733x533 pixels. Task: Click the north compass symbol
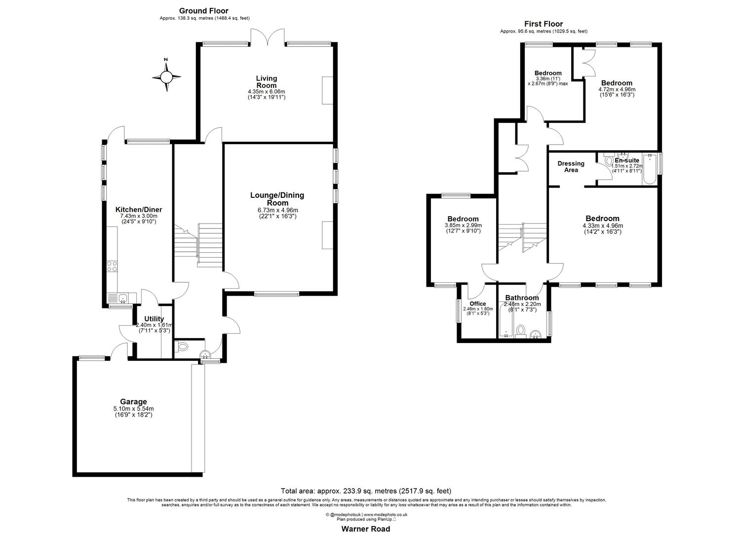coord(166,76)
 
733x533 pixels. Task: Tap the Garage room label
coord(133,402)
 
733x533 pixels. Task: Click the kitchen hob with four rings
coord(112,266)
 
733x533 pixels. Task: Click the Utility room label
coord(154,319)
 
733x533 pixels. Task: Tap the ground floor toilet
coord(182,346)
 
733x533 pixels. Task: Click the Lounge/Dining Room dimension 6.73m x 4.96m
coord(277,210)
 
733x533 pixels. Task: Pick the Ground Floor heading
coord(204,11)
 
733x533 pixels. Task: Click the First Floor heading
coord(543,24)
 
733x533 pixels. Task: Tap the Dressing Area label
coord(571,167)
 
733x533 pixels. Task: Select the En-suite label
coord(627,160)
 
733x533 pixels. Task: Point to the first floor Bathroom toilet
coord(520,331)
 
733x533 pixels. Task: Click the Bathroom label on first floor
coord(522,298)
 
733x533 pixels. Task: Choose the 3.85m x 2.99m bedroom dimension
coord(463,226)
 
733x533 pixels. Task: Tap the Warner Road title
coord(366,529)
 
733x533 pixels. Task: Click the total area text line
coord(366,491)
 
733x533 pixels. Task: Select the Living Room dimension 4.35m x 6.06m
coord(267,91)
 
